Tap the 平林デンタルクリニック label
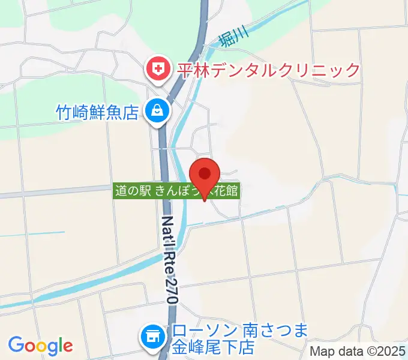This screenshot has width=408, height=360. coord(267,70)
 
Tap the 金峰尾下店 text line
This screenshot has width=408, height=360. coord(214,347)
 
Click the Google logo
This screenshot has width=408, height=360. coord(40,345)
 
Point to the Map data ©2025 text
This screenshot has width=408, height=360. coord(358,352)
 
